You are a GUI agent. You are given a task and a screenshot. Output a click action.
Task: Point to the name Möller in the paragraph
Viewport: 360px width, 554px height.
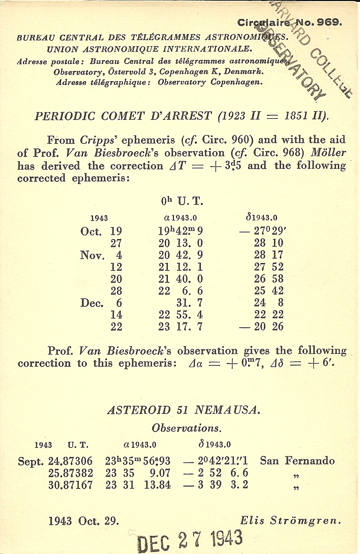[x=328, y=153]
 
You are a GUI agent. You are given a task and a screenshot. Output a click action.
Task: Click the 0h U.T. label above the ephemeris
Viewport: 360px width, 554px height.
[x=182, y=201]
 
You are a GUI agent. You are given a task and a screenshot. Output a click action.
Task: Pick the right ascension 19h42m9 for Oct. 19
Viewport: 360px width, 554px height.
[x=180, y=231]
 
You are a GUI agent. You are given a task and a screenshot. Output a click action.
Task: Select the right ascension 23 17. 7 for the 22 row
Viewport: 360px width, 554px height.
[x=180, y=327]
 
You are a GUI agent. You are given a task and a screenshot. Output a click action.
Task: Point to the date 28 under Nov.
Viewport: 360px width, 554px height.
[x=116, y=291]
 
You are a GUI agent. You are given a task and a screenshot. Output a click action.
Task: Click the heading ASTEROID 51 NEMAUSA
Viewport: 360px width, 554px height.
[x=184, y=410]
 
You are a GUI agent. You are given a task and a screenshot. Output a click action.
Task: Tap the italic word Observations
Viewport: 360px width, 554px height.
[x=186, y=428]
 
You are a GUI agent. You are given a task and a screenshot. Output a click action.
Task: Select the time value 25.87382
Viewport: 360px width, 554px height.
[x=70, y=473]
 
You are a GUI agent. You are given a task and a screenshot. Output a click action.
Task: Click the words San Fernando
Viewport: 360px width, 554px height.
[x=297, y=461]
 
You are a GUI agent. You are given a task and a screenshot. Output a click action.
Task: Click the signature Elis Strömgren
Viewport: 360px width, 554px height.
[x=290, y=521]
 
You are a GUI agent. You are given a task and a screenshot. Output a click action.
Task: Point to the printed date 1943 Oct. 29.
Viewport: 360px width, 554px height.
[x=84, y=521]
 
